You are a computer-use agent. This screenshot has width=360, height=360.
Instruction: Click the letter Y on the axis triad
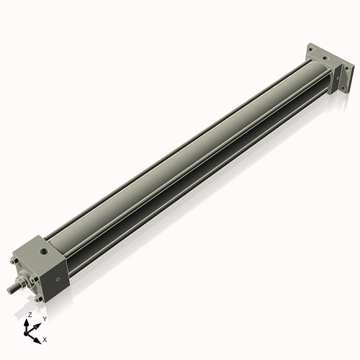[44, 318]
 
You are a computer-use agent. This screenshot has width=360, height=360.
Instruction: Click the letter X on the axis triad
[45, 338]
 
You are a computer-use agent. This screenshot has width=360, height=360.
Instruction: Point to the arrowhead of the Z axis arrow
[28, 322]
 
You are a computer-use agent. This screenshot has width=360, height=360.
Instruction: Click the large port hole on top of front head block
[44, 253]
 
